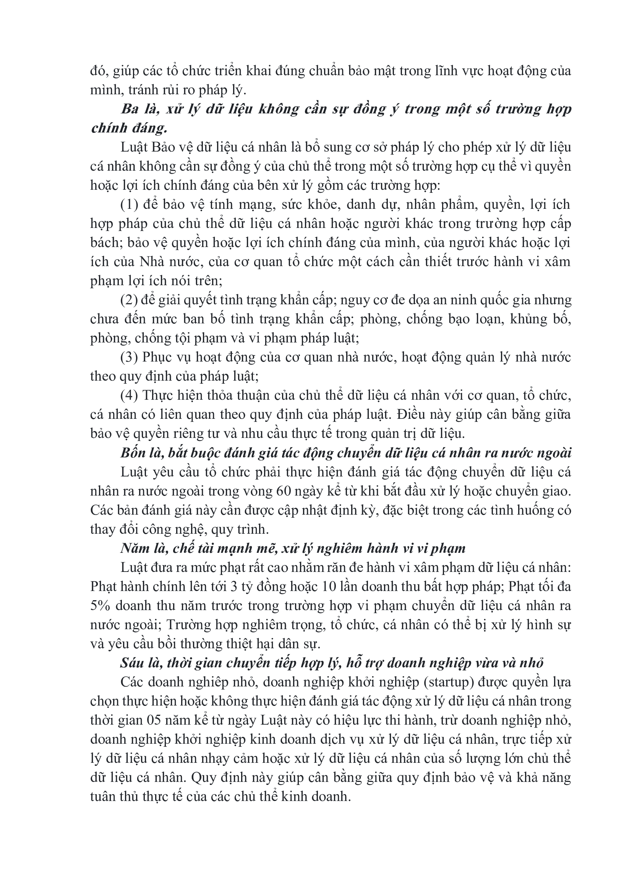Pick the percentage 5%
100,606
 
